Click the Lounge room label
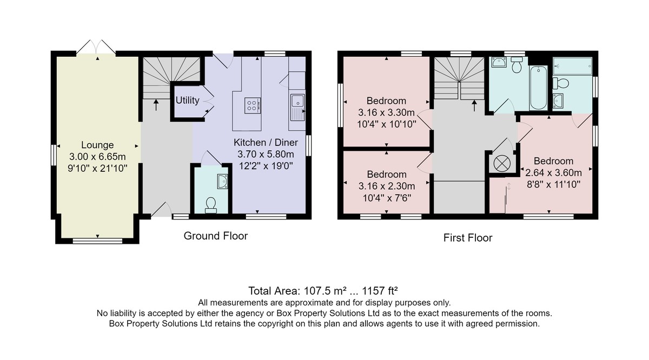pyautogui.click(x=97, y=145)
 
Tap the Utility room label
pyautogui.click(x=188, y=100)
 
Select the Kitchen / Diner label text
pyautogui.click(x=266, y=143)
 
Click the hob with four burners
pyautogui.click(x=253, y=105)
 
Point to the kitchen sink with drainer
pyautogui.click(x=297, y=107)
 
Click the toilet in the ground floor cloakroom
pyautogui.click(x=210, y=205)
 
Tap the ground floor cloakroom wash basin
pyautogui.click(x=222, y=182)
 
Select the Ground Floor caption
pyautogui.click(x=216, y=236)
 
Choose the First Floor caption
pyautogui.click(x=468, y=238)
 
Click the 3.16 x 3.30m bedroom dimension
pyautogui.click(x=386, y=112)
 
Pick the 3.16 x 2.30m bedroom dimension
pyautogui.click(x=387, y=186)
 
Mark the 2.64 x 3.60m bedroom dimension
pyautogui.click(x=553, y=172)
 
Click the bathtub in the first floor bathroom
pyautogui.click(x=538, y=88)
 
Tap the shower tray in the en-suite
pyautogui.click(x=572, y=66)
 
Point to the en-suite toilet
pyautogui.click(x=561, y=83)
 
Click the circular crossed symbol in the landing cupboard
pyautogui.click(x=501, y=164)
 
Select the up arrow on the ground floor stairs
pyautogui.click(x=156, y=105)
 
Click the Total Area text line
pyautogui.click(x=323, y=290)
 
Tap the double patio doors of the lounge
pyautogui.click(x=96, y=47)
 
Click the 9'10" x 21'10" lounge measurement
pyautogui.click(x=97, y=168)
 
